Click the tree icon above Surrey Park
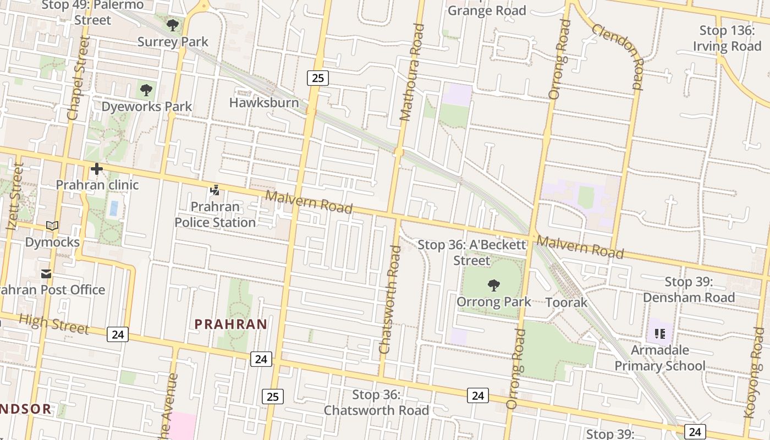click(x=173, y=25)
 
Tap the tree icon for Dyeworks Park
click(x=146, y=90)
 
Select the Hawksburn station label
click(x=264, y=103)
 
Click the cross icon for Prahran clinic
click(x=97, y=169)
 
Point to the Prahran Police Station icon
click(x=215, y=191)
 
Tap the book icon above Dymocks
click(x=52, y=226)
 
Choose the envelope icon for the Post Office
click(x=46, y=273)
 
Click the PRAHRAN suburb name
click(x=231, y=324)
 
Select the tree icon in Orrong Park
click(x=493, y=285)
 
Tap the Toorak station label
click(x=566, y=302)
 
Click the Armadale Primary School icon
click(x=660, y=333)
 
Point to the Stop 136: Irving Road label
click(x=727, y=38)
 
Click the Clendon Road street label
click(x=618, y=57)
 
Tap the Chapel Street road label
click(x=77, y=78)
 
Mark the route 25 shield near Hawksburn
click(x=317, y=78)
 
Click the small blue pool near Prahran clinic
click(x=114, y=208)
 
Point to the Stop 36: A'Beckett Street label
click(x=472, y=252)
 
